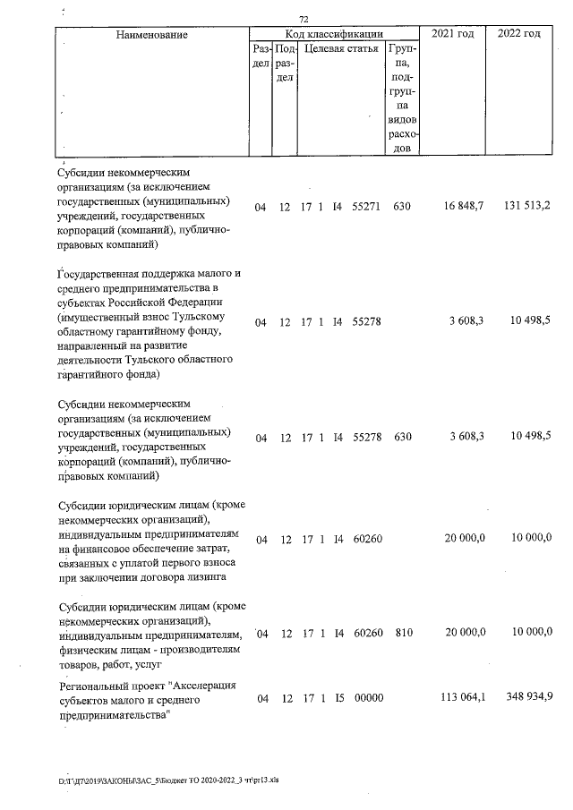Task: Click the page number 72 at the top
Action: (304, 19)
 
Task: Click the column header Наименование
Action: (151, 34)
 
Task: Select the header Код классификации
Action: (334, 34)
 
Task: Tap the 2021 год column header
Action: (453, 33)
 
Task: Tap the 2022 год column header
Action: (518, 33)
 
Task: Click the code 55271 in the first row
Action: (367, 207)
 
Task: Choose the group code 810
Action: (403, 633)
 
